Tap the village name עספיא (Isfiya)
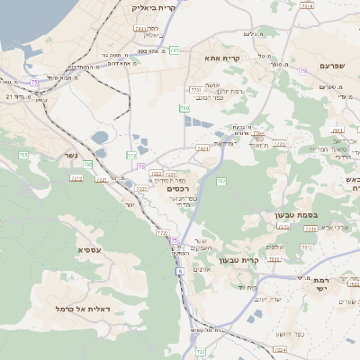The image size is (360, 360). [89, 249]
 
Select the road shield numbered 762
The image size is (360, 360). [220, 183]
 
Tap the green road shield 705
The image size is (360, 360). [184, 108]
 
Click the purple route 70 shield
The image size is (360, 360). [140, 166]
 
